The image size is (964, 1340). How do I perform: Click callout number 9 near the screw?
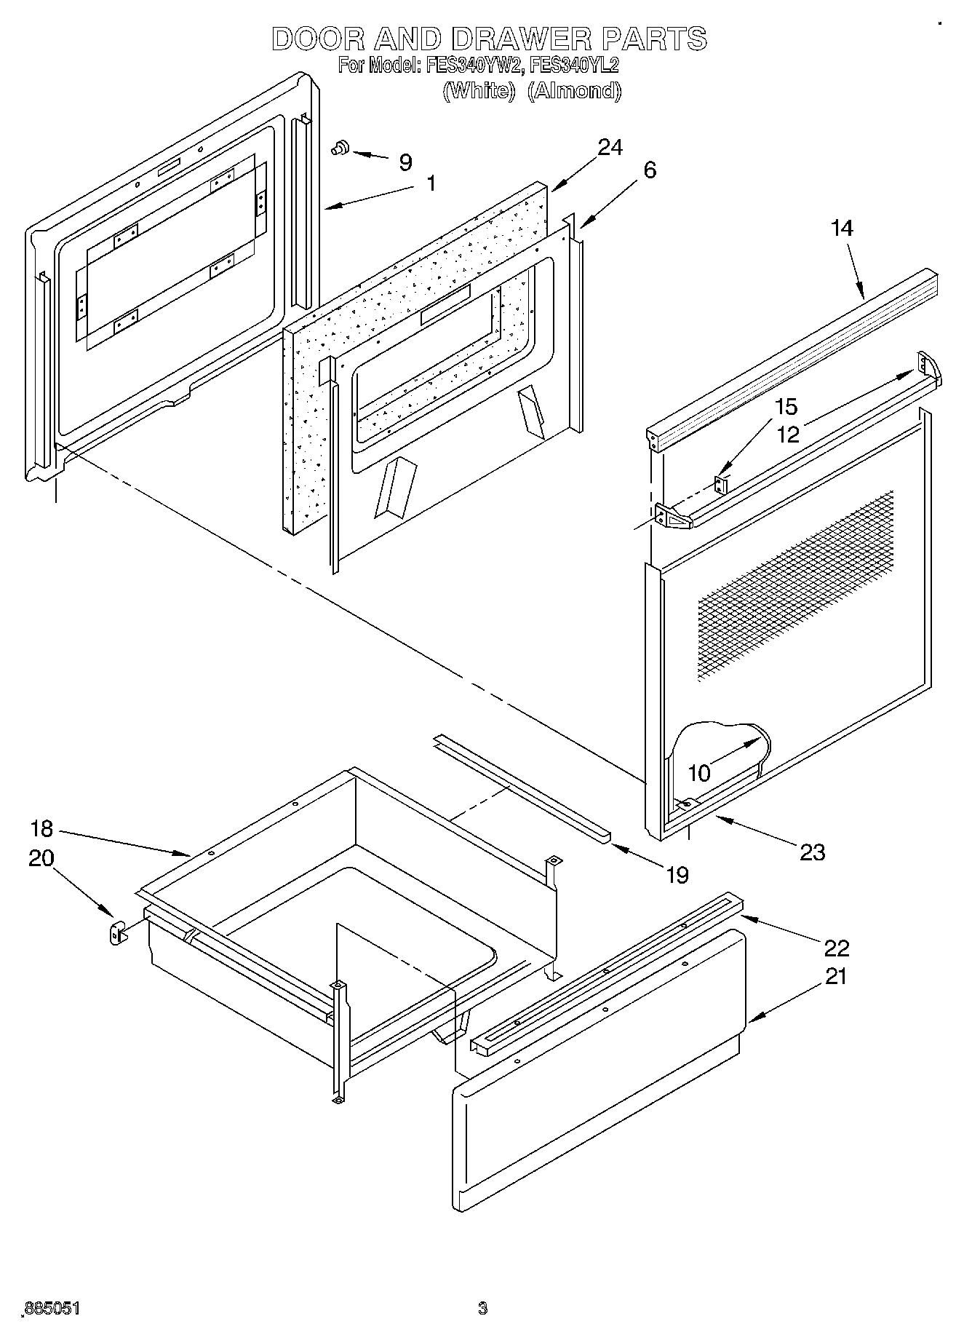coord(406,162)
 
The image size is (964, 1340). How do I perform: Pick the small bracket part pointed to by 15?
coord(720,483)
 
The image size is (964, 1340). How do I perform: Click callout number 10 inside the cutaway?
coord(698,773)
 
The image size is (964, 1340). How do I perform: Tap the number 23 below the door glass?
coord(812,852)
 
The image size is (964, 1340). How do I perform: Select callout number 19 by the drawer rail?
coord(677,874)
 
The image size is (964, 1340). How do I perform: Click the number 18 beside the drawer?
coord(42,829)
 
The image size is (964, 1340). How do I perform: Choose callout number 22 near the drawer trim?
coord(837,948)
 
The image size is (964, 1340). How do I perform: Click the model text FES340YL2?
coord(574,66)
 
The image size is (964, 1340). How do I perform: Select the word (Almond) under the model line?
coord(574,91)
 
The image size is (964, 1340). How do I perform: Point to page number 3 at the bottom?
coord(482,1309)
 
